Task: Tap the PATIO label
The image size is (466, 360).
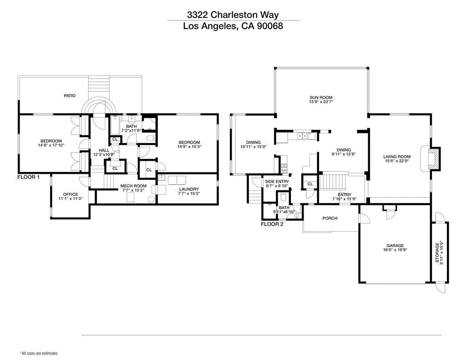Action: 70,96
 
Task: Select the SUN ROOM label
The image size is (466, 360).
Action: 321,97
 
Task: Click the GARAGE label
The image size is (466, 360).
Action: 395,246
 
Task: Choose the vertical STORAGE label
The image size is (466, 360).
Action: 437,253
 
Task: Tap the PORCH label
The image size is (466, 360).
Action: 330,218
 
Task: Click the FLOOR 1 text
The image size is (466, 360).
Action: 28,177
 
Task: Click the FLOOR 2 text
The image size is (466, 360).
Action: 272,224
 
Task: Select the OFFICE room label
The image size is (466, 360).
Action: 71,194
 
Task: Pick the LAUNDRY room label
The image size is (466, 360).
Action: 189,189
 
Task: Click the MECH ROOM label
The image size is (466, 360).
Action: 133,186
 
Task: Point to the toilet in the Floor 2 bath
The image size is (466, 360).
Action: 283,197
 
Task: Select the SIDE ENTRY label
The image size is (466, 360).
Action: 277,182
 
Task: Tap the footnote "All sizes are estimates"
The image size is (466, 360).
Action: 39,353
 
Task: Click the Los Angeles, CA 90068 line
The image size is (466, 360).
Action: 233,26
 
